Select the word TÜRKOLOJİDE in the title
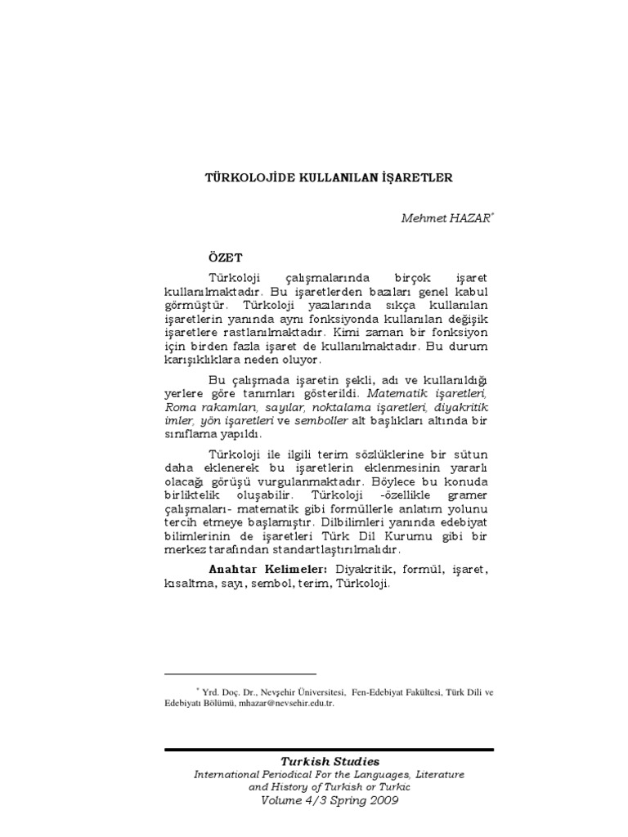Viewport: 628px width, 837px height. coord(243,177)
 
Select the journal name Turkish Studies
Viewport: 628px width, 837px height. coord(330,762)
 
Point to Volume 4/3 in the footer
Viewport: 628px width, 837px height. coord(290,801)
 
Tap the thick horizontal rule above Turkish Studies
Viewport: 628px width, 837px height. coord(330,749)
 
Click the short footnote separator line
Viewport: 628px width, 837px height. coord(217,674)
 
